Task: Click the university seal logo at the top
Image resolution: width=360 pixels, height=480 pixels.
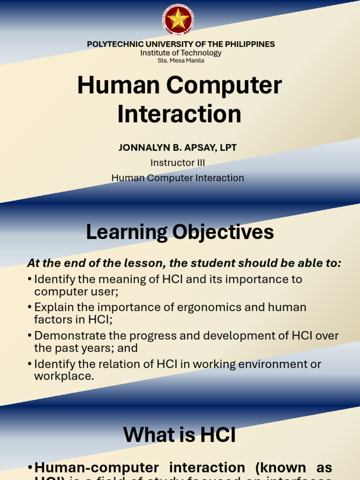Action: coord(178,20)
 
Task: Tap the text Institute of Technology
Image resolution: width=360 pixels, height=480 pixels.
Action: coord(180,53)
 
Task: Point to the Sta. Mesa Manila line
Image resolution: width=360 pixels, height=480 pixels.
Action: coord(180,60)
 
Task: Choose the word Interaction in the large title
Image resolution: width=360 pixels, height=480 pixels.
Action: coord(180,114)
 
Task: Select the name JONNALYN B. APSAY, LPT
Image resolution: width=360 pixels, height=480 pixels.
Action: coord(178,148)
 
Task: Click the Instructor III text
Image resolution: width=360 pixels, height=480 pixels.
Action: coord(178,163)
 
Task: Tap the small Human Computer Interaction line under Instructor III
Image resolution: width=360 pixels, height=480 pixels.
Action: coord(178,178)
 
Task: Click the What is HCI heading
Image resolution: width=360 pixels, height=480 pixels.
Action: coord(180,435)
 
